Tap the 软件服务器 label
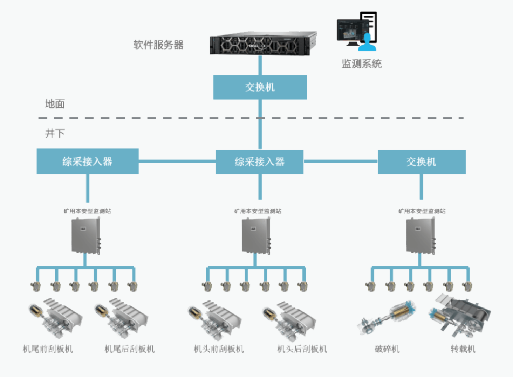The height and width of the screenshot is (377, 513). (x=158, y=45)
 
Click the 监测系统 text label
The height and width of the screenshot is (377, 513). (x=362, y=64)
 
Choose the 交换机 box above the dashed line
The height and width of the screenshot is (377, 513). (x=260, y=87)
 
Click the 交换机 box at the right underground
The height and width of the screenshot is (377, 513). (x=422, y=162)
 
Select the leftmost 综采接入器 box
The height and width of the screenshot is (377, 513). (x=88, y=161)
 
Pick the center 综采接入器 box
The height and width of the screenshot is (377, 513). (x=259, y=162)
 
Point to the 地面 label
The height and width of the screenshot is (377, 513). (x=55, y=104)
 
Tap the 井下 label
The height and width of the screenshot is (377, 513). (x=55, y=133)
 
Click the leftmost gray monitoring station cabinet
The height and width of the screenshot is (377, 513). (x=86, y=236)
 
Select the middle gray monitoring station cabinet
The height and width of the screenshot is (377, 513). (x=256, y=236)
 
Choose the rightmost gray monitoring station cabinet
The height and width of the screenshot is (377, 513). (x=420, y=236)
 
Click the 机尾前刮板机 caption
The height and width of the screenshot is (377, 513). (x=48, y=349)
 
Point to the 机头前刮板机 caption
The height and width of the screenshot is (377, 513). (x=219, y=349)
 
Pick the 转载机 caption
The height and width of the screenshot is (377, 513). (x=463, y=349)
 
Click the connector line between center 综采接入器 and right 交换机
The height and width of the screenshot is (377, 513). (x=341, y=162)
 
